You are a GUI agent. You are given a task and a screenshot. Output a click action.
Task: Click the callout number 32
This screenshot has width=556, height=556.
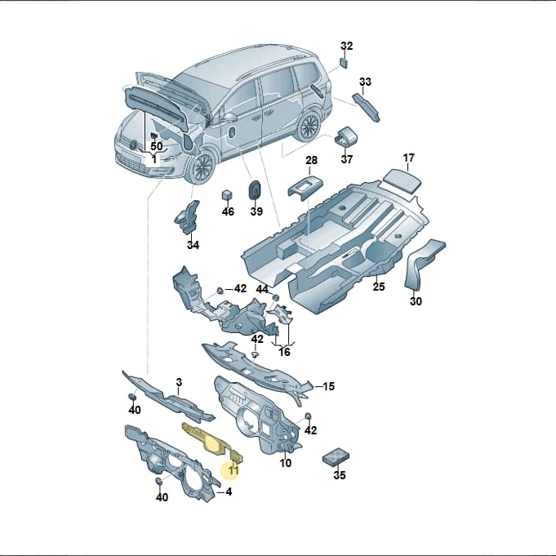[347, 46]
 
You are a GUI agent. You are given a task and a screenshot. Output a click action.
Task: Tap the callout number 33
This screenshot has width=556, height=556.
[365, 82]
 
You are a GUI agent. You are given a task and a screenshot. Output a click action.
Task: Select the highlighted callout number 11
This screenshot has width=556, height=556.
[234, 470]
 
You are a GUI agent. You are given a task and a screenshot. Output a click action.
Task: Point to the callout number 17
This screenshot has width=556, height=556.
[408, 158]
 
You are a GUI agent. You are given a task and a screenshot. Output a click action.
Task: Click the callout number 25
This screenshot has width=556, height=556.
[379, 287]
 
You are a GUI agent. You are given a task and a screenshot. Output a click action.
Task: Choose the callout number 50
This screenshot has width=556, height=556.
[157, 146]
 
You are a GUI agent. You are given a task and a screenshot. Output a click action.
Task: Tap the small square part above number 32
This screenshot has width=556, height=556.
[344, 63]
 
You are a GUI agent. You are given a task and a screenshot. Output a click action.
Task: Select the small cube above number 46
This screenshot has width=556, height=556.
[227, 195]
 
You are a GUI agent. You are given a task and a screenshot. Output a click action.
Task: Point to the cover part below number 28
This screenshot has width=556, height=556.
[305, 188]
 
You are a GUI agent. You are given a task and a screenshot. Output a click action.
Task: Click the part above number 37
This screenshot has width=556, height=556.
[345, 136]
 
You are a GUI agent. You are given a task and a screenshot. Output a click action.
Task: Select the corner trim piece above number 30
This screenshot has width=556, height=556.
[424, 264]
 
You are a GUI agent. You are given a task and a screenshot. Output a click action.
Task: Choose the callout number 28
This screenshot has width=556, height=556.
[311, 160]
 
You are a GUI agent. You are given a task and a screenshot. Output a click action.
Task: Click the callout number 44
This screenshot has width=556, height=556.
[262, 289]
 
